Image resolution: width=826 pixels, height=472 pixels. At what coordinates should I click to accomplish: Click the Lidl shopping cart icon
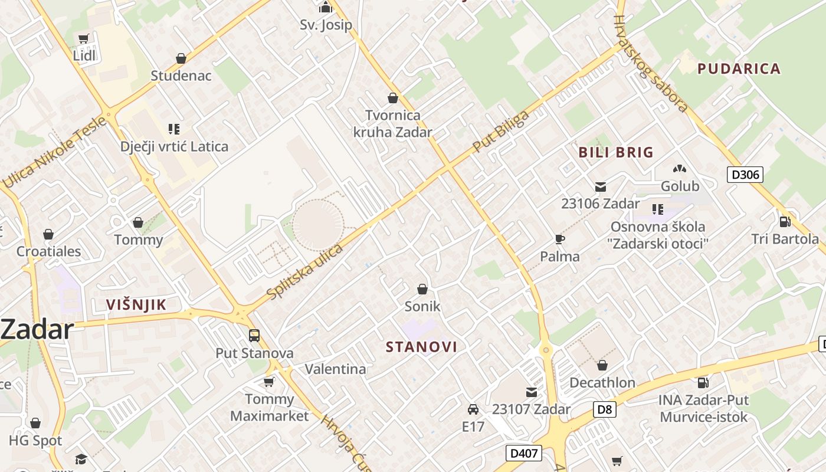tap(83, 39)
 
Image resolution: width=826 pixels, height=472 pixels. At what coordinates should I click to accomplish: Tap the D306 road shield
tap(745, 175)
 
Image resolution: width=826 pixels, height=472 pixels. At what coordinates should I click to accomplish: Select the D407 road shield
tap(524, 453)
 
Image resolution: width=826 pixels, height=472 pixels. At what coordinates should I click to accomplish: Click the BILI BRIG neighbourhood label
tap(616, 152)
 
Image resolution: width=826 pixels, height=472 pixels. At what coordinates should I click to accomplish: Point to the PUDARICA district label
tap(739, 68)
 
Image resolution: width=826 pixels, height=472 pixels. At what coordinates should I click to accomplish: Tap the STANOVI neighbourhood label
tap(421, 346)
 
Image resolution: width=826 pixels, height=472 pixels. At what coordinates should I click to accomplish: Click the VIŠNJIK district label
tap(136, 304)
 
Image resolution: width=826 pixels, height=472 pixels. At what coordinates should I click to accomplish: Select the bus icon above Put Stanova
tap(254, 336)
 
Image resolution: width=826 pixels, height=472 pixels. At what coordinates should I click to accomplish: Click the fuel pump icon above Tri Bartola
tap(785, 222)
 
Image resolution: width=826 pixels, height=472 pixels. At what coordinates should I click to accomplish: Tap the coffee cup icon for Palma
tap(559, 239)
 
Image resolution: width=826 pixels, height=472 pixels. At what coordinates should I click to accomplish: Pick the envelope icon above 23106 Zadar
tap(601, 187)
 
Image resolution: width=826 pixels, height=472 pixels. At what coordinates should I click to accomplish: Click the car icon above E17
tap(473, 409)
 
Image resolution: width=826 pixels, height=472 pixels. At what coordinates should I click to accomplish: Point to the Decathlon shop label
tap(602, 382)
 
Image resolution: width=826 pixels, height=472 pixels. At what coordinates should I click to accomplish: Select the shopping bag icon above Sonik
tap(422, 289)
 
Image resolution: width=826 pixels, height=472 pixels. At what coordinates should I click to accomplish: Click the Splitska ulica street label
tap(304, 271)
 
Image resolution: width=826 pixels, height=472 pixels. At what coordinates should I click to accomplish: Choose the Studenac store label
tap(181, 76)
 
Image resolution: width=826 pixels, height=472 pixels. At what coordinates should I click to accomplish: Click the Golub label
tap(680, 186)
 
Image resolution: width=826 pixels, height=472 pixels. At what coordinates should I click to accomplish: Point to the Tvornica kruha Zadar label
tap(393, 123)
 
